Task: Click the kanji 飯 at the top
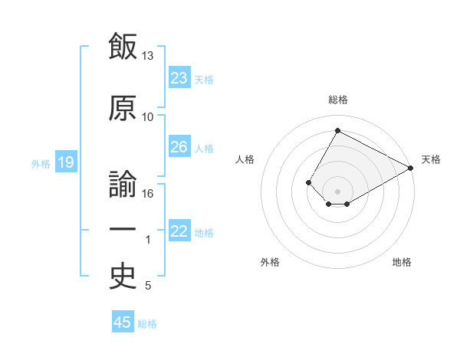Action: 123,46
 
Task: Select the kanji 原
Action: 123,108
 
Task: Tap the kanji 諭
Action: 123,184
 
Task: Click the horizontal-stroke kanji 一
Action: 123,229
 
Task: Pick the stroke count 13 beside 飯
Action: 147,56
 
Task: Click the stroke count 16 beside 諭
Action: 147,194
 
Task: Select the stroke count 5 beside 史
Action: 148,285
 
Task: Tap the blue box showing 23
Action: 179,77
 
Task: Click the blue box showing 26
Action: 179,146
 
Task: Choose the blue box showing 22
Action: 179,230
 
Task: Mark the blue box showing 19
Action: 66,162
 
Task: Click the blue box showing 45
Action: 123,321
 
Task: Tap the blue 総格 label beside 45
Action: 147,324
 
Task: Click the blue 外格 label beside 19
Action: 41,164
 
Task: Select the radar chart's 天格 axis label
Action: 431,159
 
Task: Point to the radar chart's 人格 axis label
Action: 245,159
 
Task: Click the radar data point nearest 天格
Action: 411,168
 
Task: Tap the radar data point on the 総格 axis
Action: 337,130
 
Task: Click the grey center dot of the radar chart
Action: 337,191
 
